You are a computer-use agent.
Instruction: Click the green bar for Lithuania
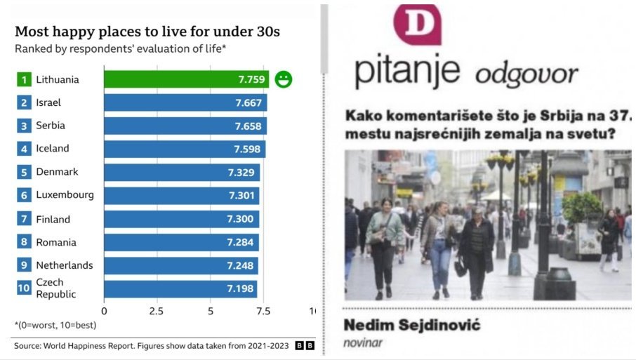pos(186,79)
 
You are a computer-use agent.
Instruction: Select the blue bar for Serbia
pos(185,126)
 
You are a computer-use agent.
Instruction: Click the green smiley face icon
pos(284,79)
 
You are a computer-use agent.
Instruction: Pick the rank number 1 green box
pos(24,79)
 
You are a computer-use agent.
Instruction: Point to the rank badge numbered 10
pos(24,288)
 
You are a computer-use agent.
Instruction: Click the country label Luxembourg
pos(65,195)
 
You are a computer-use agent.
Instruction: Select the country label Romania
pos(56,242)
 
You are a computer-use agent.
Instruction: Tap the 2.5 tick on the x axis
pos(157,310)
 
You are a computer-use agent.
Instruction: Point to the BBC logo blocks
pos(305,345)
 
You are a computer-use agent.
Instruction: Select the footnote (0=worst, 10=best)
pos(55,325)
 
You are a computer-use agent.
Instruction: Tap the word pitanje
pos(407,72)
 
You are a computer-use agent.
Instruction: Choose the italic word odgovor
pos(526,74)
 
